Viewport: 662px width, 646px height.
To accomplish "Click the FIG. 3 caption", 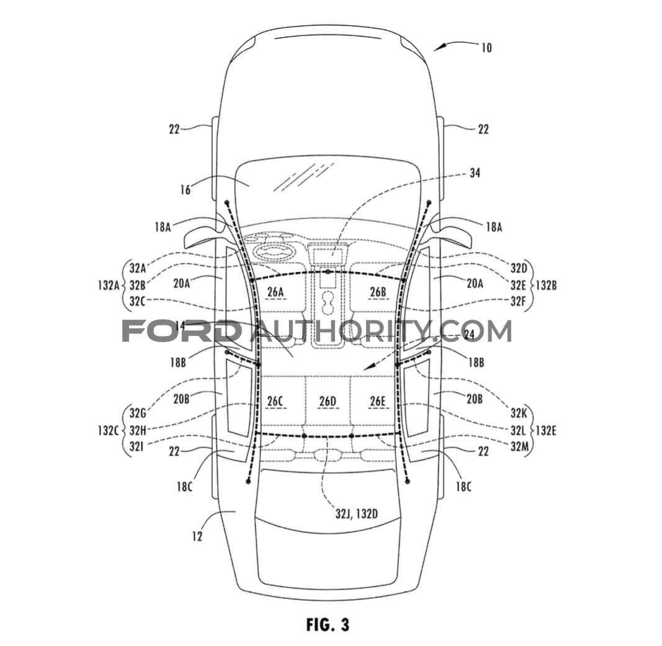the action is (x=328, y=624).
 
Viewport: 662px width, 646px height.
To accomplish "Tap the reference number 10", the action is (x=486, y=48).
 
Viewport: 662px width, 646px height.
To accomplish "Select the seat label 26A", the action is (x=275, y=291).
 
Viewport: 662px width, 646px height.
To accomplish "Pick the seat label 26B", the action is (x=378, y=291).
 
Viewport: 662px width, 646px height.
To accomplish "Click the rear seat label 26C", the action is (x=275, y=401).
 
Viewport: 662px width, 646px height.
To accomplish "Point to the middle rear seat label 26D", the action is (x=328, y=401).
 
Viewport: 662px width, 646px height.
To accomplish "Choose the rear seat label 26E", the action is (x=378, y=401).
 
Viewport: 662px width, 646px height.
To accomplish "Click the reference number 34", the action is (x=475, y=173).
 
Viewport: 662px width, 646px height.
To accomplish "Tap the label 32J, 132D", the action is (x=356, y=513).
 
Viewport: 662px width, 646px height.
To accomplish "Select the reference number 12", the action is (x=197, y=536).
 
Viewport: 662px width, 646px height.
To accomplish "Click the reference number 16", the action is (x=186, y=190).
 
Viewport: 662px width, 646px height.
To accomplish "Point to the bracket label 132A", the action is (x=109, y=285).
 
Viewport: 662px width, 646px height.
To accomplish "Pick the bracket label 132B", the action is (x=547, y=285).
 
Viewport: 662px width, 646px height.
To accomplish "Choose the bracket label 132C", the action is (x=109, y=431).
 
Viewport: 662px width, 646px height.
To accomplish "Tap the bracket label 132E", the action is (x=547, y=431).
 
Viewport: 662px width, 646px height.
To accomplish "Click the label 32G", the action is (x=138, y=413).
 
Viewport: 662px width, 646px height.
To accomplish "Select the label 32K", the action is (x=519, y=413).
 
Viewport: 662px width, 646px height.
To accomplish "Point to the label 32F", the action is (x=518, y=301).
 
